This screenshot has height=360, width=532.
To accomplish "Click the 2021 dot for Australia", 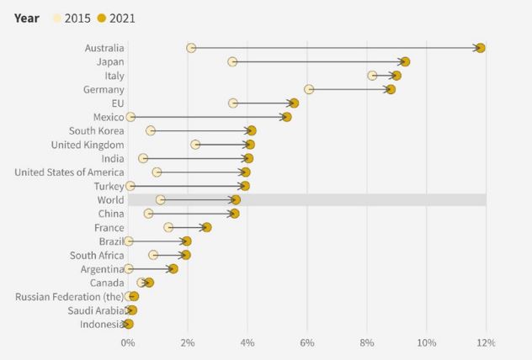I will coord(480,48).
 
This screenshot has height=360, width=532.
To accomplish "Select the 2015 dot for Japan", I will coord(232,61).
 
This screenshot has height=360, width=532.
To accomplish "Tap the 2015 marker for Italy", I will coord(372,76).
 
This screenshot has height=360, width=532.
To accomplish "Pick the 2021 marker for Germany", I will coord(391,89).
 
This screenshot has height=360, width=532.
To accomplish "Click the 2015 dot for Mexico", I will coord(130,117).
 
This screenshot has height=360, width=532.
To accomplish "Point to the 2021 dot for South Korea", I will coord(252,130).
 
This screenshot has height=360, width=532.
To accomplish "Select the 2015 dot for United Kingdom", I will coord(195,145).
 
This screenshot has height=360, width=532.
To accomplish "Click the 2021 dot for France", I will coord(206,227).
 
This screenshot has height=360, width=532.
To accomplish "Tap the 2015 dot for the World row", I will coord(161,199).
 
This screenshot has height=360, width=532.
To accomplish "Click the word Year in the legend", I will coord(27,18).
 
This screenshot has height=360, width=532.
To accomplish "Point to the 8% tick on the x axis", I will coord(367,343).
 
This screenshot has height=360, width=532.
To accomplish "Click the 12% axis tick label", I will coord(486,343).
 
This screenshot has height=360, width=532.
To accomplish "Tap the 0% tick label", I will coord(128,343).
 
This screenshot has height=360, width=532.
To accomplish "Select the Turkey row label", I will coord(108,186).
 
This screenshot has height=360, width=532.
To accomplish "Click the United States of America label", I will coord(69,172).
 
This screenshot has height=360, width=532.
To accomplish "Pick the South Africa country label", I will coord(97,255).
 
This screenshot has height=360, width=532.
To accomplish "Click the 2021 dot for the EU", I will coord(294,103).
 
